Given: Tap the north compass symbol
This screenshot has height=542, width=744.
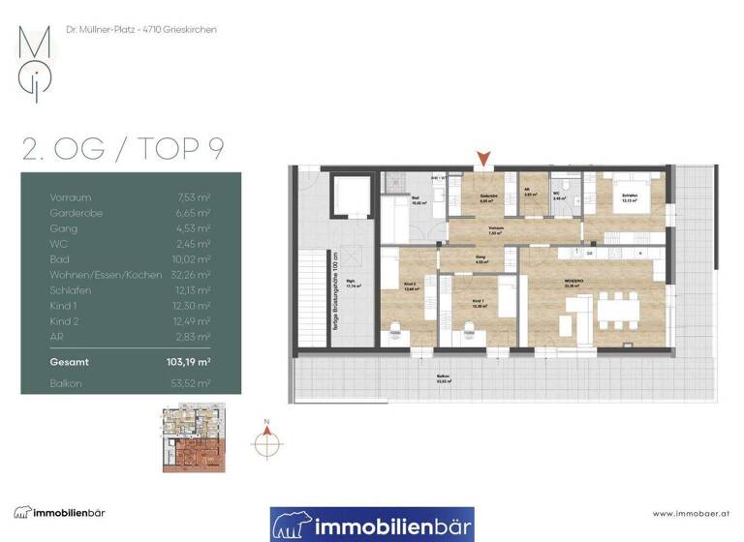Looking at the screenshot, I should [266, 441].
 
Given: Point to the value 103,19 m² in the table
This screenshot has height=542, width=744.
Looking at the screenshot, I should [190, 362].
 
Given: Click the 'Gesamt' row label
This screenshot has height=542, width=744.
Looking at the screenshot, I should [69, 362].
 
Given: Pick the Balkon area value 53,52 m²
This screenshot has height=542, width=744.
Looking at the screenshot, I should [194, 383].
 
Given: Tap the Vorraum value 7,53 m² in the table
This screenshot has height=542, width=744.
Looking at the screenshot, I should [195, 197].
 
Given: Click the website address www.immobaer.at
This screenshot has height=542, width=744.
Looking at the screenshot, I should [691, 513].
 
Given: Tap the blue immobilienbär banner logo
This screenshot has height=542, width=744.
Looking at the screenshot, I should [372, 525].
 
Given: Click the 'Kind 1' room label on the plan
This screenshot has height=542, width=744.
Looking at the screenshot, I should [477, 302].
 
